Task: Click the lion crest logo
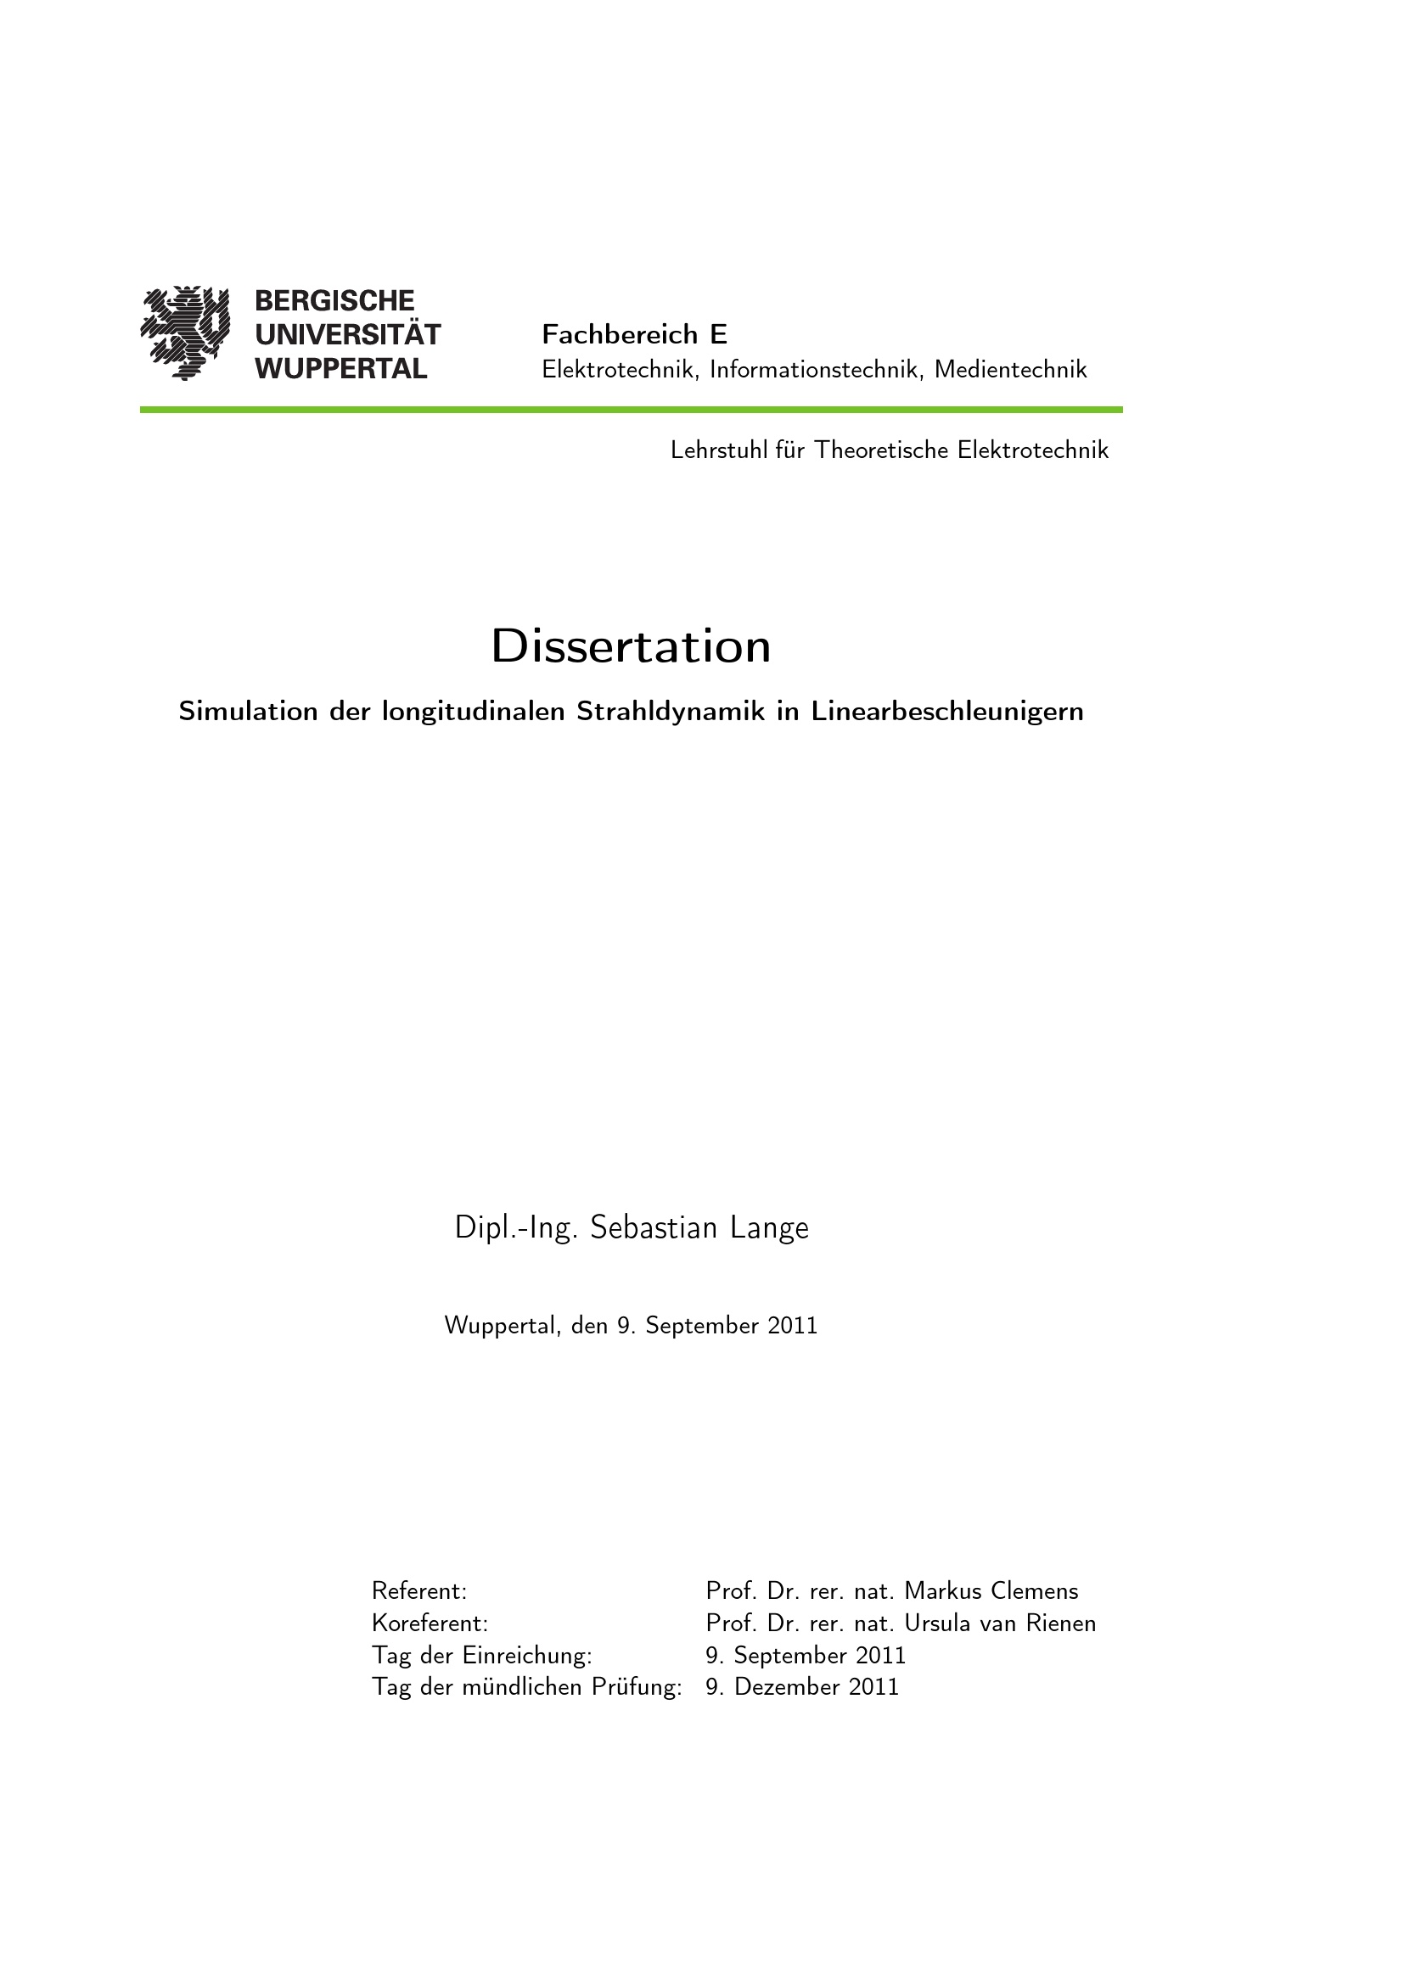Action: [185, 333]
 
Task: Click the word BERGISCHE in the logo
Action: [334, 301]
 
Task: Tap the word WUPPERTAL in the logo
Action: [340, 369]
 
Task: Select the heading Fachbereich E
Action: [634, 334]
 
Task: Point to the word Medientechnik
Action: [1011, 370]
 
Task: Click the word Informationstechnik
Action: [814, 370]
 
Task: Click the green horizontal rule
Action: [631, 410]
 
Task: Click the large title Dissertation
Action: [631, 646]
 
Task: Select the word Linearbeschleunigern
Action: [946, 711]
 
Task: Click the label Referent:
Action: [419, 1590]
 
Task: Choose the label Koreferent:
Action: [430, 1624]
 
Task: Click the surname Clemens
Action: [1034, 1590]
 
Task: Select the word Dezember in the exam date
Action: [787, 1687]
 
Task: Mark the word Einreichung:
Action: [527, 1656]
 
